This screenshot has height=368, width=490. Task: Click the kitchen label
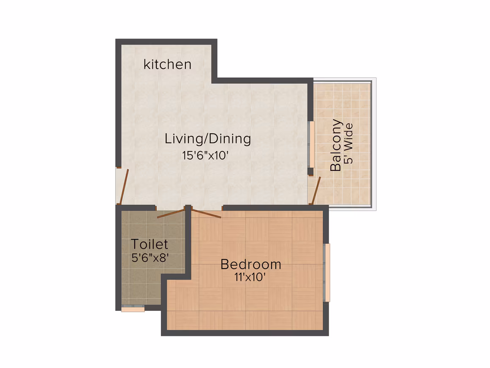pyautogui.click(x=167, y=64)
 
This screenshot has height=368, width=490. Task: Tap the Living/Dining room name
pyautogui.click(x=208, y=139)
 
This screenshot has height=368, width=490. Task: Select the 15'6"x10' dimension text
pyautogui.click(x=205, y=155)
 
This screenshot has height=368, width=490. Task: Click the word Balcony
pyautogui.click(x=336, y=145)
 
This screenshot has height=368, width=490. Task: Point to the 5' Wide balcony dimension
pyautogui.click(x=348, y=144)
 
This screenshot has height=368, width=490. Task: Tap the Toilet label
pyautogui.click(x=150, y=244)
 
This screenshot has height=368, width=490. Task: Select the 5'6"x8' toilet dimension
pyautogui.click(x=150, y=258)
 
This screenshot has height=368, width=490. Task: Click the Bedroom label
pyautogui.click(x=250, y=264)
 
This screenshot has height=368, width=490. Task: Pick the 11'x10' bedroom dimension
pyautogui.click(x=250, y=277)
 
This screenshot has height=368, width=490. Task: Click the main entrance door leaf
pyautogui.click(x=124, y=187)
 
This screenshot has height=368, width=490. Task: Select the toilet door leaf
pyautogui.click(x=171, y=214)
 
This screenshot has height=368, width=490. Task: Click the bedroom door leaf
pyautogui.click(x=207, y=213)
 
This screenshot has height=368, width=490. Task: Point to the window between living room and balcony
pyautogui.click(x=311, y=144)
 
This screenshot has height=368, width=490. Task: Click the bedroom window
pyautogui.click(x=327, y=272)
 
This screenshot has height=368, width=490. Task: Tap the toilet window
pyautogui.click(x=133, y=308)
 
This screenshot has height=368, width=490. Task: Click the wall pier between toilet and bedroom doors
pyautogui.click(x=188, y=208)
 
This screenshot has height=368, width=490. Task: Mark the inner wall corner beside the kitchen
pyautogui.click(x=215, y=81)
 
